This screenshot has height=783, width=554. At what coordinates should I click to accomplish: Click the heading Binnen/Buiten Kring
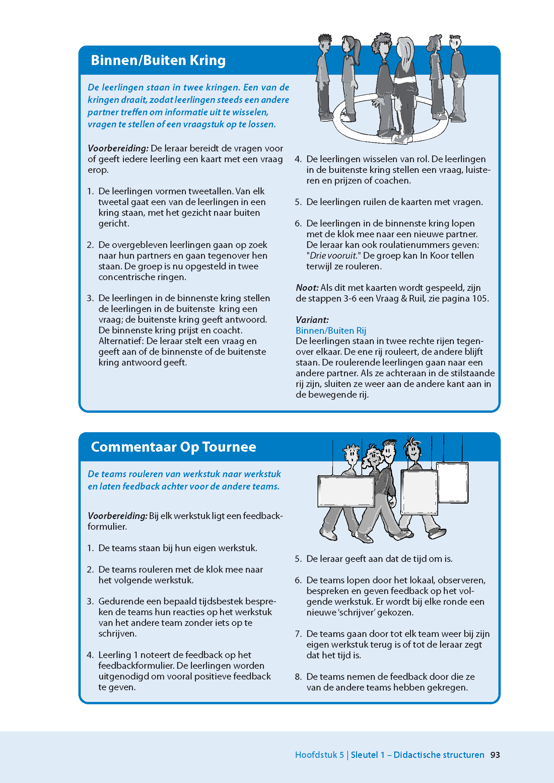pos(158,60)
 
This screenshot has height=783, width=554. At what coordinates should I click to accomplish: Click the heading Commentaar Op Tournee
pos(173,447)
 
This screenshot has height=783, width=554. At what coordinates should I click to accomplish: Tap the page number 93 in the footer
pos(495,755)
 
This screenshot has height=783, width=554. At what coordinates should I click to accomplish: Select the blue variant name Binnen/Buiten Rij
pos(331,331)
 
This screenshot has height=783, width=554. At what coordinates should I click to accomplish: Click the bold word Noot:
pos(307,288)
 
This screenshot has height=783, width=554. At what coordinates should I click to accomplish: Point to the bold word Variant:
pos(312,320)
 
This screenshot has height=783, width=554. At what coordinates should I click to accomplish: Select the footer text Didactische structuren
pos(439,755)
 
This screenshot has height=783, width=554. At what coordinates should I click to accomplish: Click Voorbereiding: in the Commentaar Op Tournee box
pos(118,516)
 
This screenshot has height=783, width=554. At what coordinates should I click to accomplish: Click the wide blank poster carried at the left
pos(346,491)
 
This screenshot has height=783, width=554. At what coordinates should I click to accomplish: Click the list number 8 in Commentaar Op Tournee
pos(298,677)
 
